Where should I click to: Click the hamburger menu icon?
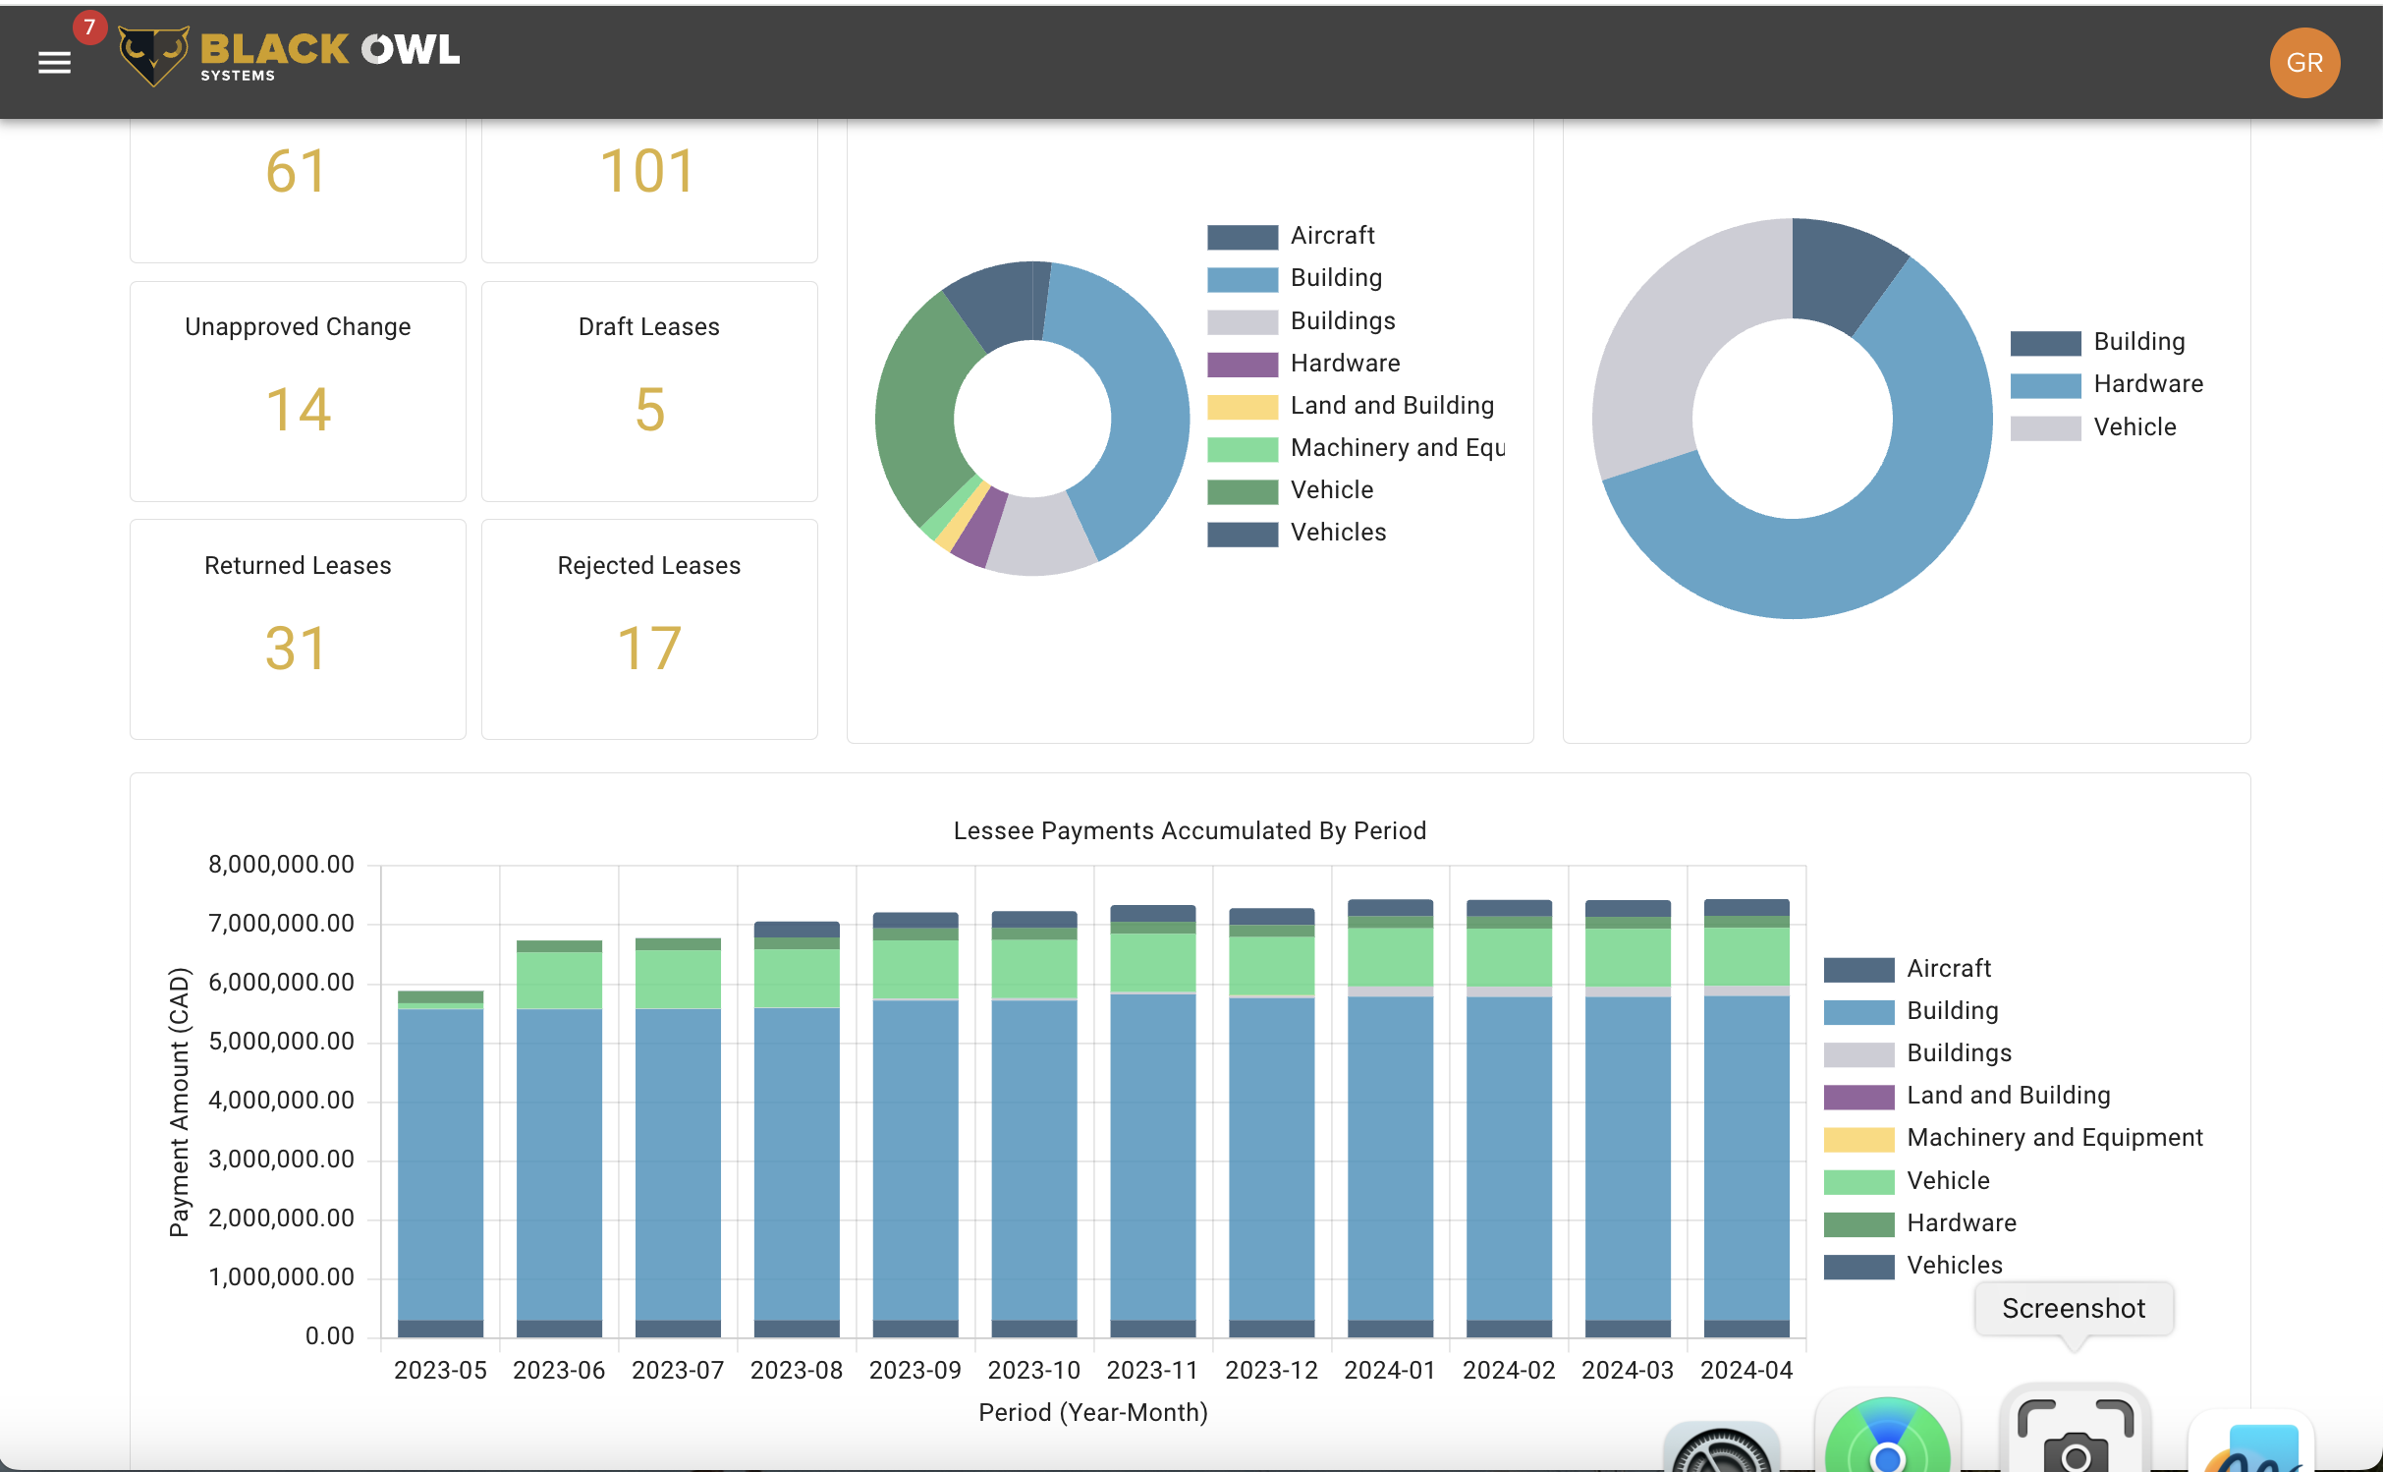(54, 63)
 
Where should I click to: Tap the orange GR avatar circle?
(2303, 63)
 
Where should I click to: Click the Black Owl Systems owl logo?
(153, 55)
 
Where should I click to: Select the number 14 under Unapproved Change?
(298, 409)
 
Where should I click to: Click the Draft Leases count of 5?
(649, 409)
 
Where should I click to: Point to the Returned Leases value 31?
(296, 649)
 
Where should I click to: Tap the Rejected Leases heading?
(648, 565)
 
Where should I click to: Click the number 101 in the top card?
(648, 171)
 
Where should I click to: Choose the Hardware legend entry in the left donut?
(1344, 364)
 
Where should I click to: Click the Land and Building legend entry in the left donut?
(1391, 406)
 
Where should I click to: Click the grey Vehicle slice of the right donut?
(1670, 334)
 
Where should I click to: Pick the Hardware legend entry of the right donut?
(2147, 384)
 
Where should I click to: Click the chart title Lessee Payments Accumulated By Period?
(1190, 830)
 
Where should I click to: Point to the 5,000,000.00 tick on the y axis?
(281, 1041)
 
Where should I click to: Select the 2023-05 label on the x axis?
(440, 1370)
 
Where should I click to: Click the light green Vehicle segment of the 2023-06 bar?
(559, 980)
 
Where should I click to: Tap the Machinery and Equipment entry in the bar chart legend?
(2054, 1138)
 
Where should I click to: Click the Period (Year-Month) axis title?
(1092, 1412)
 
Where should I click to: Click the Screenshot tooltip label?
(2073, 1309)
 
